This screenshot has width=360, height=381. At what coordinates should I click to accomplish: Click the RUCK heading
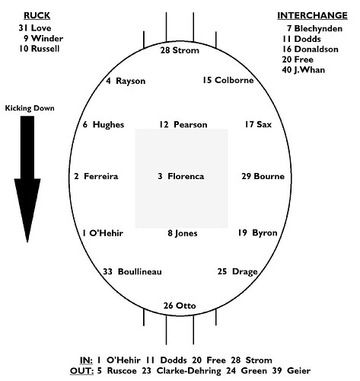(37, 15)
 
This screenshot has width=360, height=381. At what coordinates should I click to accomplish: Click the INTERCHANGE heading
(312, 15)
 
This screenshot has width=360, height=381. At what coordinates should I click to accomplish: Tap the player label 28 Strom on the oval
(180, 50)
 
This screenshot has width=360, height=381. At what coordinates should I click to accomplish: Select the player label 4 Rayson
(126, 81)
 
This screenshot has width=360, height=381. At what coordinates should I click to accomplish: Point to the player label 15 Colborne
(228, 80)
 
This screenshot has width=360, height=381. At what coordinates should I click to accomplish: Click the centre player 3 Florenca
(181, 176)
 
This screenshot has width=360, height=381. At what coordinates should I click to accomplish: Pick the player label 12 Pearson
(183, 125)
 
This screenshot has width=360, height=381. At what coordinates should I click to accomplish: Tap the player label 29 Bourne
(263, 176)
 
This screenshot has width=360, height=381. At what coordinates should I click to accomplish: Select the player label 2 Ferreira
(96, 176)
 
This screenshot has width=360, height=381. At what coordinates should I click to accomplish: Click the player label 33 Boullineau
(132, 271)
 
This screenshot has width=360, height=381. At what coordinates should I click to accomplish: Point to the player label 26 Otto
(180, 306)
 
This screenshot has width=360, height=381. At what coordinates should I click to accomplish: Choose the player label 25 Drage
(237, 271)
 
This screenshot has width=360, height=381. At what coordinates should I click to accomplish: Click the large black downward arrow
(27, 179)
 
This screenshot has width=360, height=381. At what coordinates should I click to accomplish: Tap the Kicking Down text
(30, 108)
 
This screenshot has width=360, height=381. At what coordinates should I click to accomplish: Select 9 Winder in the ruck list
(43, 38)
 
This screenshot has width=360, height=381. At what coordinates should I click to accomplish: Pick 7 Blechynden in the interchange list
(314, 28)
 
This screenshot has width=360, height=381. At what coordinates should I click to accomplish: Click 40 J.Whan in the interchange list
(304, 70)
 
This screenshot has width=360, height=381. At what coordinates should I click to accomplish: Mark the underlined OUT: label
(81, 371)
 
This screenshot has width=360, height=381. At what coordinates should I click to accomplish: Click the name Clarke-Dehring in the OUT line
(189, 371)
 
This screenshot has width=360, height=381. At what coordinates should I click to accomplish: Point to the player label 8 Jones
(183, 233)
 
